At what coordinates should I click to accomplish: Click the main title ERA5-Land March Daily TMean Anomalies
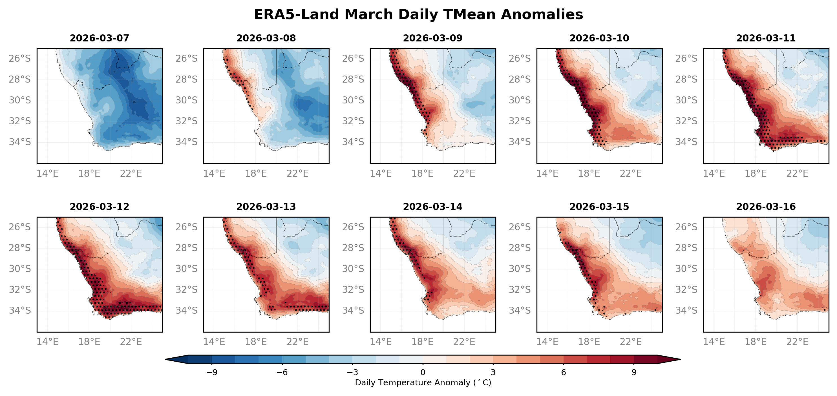(x=418, y=15)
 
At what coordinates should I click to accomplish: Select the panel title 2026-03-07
(x=100, y=38)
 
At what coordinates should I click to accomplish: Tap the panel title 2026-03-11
(x=766, y=38)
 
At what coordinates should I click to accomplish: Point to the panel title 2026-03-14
(x=432, y=207)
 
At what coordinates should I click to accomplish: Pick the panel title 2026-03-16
(x=766, y=207)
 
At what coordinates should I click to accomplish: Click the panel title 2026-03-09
(x=432, y=38)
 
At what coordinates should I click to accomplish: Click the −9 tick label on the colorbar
(x=212, y=372)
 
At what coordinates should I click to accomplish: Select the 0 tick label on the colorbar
(x=423, y=372)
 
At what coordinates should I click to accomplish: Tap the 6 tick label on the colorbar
(x=564, y=372)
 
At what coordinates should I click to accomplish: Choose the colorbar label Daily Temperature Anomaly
(x=423, y=383)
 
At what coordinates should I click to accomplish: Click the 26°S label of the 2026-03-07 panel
(x=20, y=58)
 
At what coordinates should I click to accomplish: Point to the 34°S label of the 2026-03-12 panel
(x=20, y=311)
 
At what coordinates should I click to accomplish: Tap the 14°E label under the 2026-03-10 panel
(x=547, y=173)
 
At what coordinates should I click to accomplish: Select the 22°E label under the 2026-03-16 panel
(x=797, y=342)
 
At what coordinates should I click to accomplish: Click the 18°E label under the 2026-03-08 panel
(x=256, y=173)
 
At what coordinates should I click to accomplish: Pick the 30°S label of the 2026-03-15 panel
(x=520, y=269)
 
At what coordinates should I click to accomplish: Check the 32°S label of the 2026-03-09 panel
(x=353, y=121)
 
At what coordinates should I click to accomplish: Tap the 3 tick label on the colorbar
(x=493, y=372)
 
